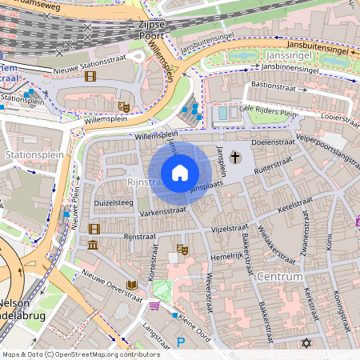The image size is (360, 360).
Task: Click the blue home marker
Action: [180, 173]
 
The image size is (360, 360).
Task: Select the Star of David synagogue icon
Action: [305, 343]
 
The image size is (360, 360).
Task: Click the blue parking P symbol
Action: [181, 342]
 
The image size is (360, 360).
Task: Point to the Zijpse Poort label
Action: [146, 30]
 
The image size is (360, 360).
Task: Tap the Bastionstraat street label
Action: [278, 86]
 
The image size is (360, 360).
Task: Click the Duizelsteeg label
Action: [113, 203]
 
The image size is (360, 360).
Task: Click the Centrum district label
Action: [280, 277]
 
